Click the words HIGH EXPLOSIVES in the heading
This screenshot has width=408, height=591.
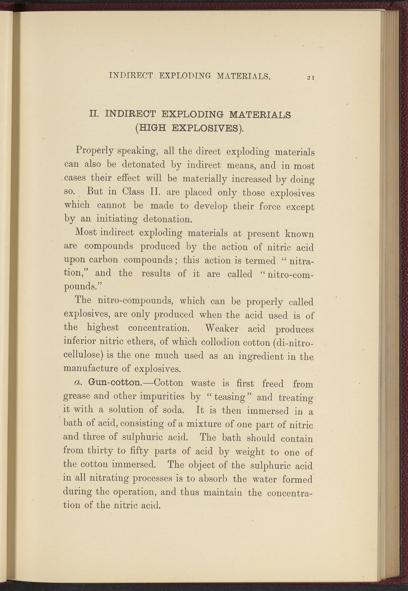(189, 128)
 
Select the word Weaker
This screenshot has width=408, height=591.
(222, 328)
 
